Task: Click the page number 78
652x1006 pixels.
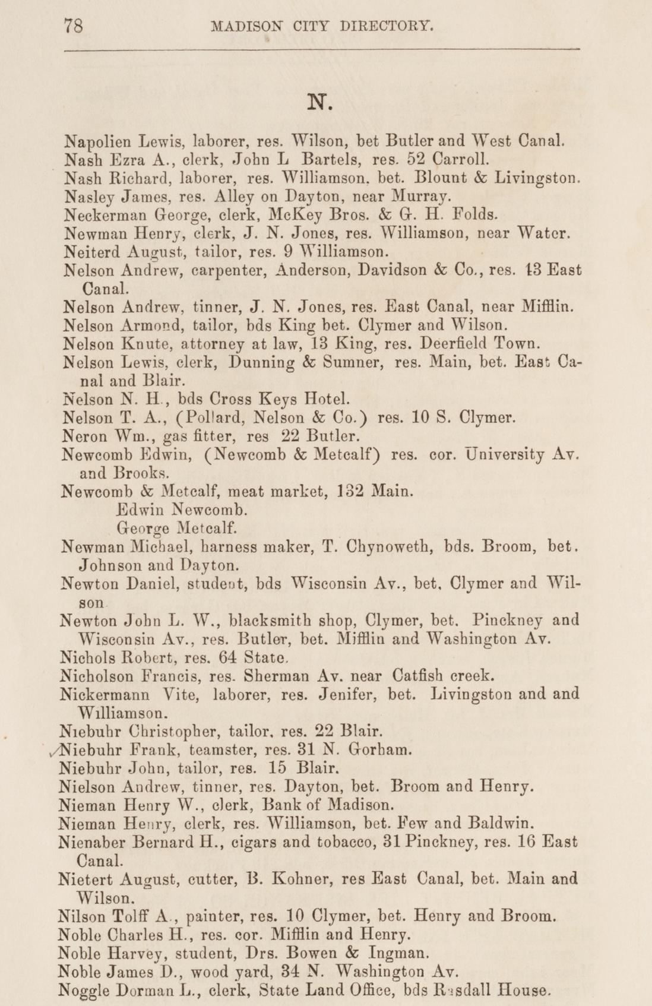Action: (73, 27)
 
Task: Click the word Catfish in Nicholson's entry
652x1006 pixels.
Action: (417, 676)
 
